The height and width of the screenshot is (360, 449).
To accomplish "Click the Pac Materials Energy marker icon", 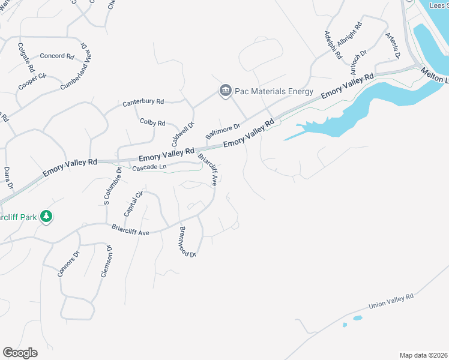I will (225, 91).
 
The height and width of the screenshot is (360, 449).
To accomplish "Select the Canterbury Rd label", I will (143, 103).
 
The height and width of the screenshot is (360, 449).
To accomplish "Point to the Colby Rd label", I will (152, 122).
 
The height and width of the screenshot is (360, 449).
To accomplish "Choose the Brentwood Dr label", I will (187, 242).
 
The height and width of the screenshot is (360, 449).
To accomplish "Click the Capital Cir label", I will (134, 203).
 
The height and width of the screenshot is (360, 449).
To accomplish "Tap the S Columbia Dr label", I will (112, 185).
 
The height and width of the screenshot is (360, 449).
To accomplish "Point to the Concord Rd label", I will (56, 56).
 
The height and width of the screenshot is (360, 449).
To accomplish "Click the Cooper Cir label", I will (32, 81).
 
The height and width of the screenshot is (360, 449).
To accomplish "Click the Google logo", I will (20, 353).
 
